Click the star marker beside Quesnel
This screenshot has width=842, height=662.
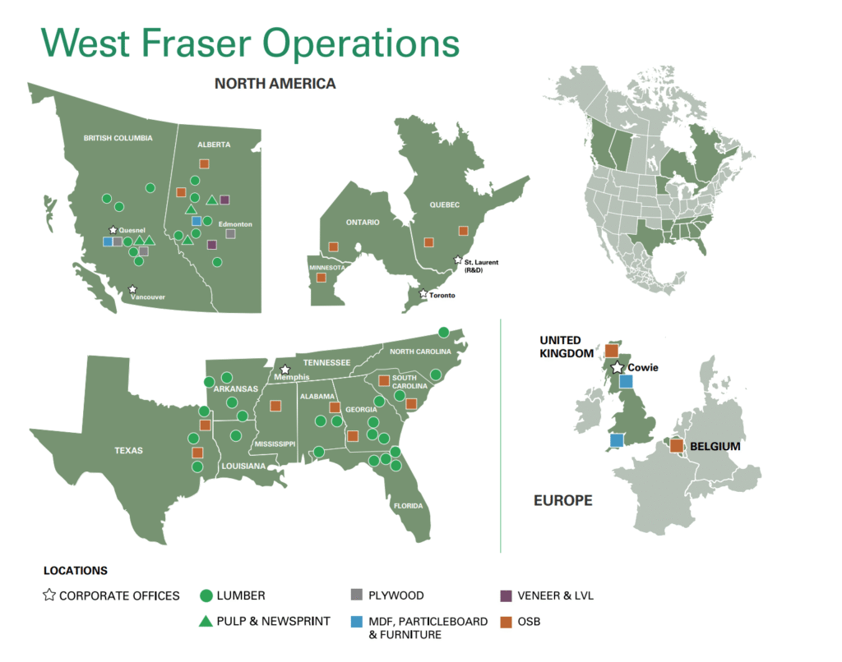[x=113, y=230]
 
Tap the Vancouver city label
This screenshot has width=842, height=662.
[x=148, y=297]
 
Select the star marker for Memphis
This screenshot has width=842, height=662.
[x=285, y=370]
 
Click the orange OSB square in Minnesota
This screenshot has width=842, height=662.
[x=322, y=278]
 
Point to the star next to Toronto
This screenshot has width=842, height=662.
[x=423, y=293]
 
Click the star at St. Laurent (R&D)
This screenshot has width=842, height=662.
[x=457, y=260]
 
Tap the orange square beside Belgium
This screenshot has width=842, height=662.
[x=677, y=445]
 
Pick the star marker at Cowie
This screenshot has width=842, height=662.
[x=618, y=367]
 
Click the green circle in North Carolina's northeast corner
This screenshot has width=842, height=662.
[x=443, y=332]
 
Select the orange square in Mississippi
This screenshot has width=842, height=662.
[x=275, y=406]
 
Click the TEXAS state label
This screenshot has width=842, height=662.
[x=128, y=451]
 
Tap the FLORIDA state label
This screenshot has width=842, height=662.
[x=408, y=506]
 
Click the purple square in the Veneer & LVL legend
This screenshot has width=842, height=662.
[x=506, y=595]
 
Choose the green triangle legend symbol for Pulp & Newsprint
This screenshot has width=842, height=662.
[x=206, y=621]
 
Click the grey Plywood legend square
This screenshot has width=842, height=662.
[x=357, y=595]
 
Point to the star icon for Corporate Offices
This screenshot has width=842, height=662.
[x=49, y=595]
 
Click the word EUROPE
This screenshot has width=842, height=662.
[x=562, y=500]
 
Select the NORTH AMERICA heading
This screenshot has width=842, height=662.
[x=275, y=84]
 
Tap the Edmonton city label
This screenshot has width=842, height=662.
[x=235, y=224]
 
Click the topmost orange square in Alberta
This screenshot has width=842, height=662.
[x=204, y=163]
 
